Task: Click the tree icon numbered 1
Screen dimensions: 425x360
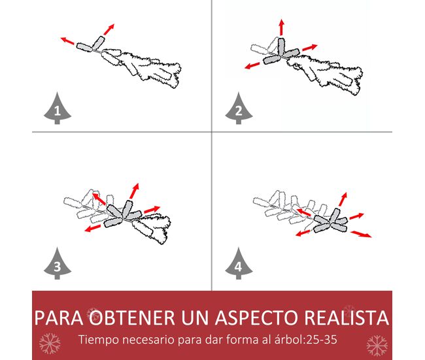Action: tap(58, 108)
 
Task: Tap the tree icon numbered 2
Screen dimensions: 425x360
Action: tap(239, 108)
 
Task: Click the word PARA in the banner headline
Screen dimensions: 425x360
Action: tap(59, 318)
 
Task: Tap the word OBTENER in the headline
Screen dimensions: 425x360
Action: tap(133, 318)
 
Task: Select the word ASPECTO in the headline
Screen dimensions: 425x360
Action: tap(256, 318)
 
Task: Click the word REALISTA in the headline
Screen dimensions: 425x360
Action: tap(347, 318)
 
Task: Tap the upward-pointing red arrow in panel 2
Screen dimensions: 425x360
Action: tap(282, 27)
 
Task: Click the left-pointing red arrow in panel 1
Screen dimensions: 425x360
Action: tap(67, 41)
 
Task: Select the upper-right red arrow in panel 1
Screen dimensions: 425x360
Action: tap(109, 29)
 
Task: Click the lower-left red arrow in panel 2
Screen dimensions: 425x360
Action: tap(252, 65)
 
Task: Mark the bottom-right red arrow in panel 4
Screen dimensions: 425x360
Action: tap(361, 234)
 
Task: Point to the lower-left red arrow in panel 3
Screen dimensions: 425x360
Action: tap(92, 229)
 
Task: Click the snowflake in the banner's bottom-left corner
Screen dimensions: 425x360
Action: tap(50, 344)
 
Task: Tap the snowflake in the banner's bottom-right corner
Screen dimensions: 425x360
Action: tap(377, 346)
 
